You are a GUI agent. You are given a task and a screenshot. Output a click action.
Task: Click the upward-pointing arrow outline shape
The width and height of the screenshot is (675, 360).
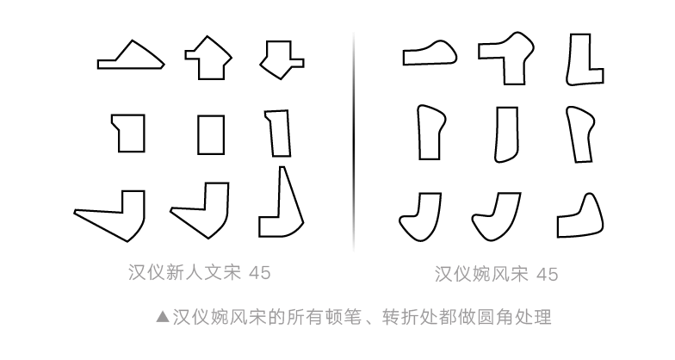pyautogui.click(x=208, y=59)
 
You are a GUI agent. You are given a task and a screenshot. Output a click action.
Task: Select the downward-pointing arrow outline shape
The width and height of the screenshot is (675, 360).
pyautogui.click(x=281, y=59)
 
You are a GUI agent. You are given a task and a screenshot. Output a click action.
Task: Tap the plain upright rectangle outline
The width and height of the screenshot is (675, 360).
pyautogui.click(x=211, y=134)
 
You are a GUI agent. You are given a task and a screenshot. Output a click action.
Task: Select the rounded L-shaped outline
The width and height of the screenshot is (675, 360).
pyautogui.click(x=584, y=59)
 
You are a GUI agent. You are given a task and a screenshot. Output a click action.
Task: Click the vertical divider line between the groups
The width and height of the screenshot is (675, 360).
pyautogui.click(x=354, y=138)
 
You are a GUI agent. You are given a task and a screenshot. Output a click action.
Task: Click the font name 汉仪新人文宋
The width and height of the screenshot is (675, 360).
pyautogui.click(x=183, y=273)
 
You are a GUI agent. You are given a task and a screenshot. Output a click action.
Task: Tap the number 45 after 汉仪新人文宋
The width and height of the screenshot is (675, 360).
pyautogui.click(x=259, y=273)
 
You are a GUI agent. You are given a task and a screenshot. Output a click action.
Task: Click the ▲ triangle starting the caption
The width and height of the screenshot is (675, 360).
pyautogui.click(x=162, y=317)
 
